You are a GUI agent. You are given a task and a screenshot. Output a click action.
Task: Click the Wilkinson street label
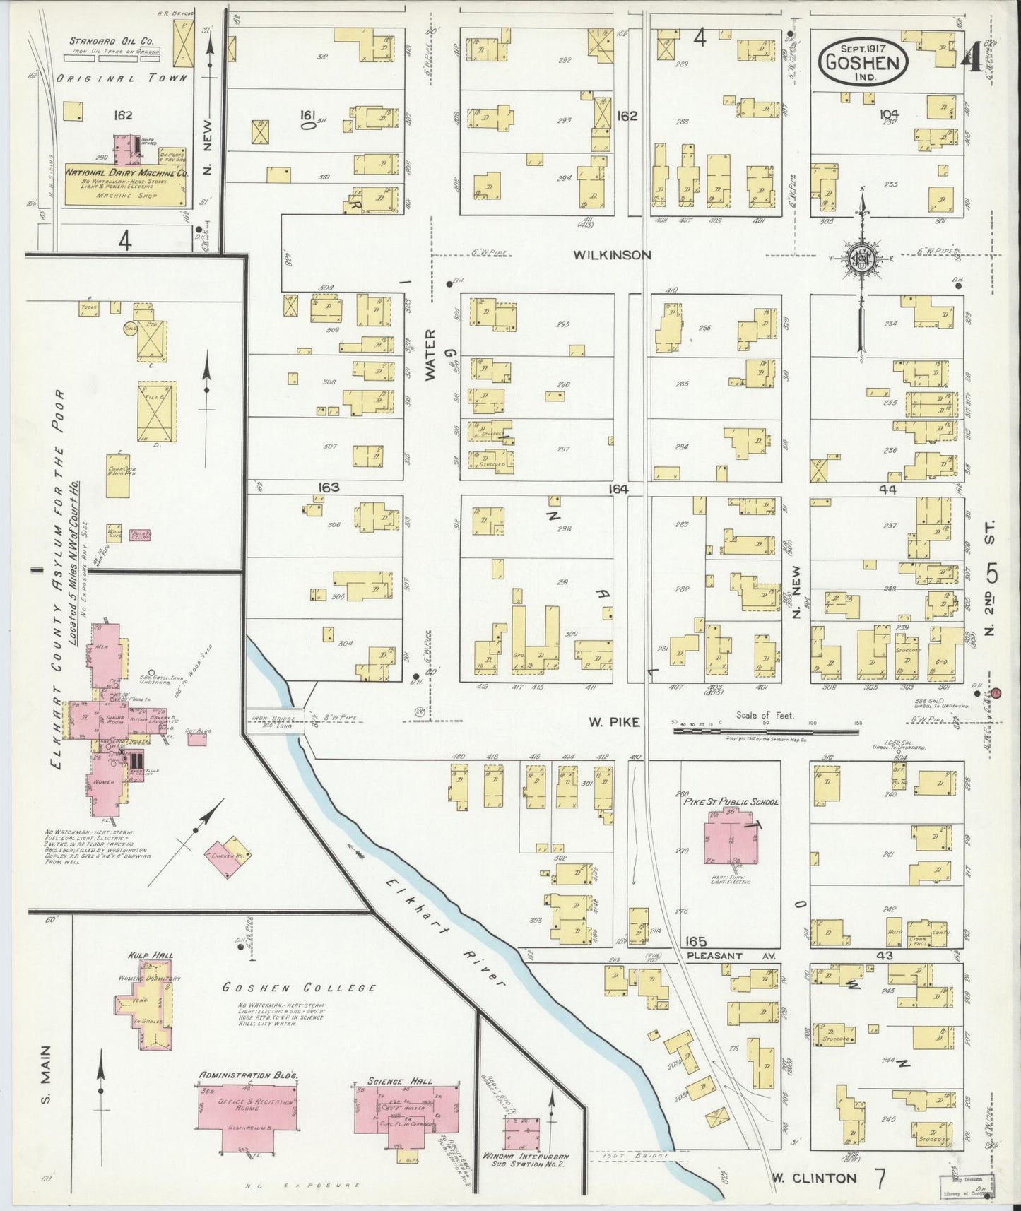pyautogui.click(x=612, y=255)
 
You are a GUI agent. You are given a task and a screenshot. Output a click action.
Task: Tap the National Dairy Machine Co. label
pyautogui.click(x=126, y=172)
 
